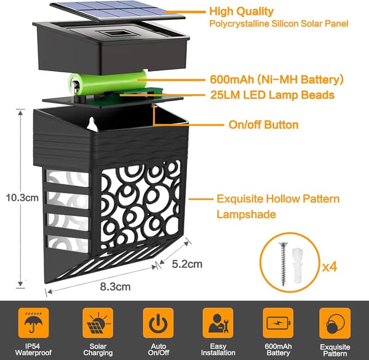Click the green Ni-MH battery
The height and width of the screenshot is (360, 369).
pyautogui.click(x=107, y=84)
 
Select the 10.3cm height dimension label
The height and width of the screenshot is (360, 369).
pyautogui.click(x=22, y=198)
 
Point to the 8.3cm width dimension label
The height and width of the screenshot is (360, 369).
pyautogui.click(x=115, y=287)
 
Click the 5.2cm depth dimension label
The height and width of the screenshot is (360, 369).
pyautogui.click(x=187, y=264)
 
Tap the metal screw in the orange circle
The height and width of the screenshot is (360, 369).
pyautogui.click(x=283, y=264)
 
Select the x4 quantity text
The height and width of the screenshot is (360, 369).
pyautogui.click(x=330, y=267)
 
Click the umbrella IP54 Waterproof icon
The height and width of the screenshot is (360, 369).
pyautogui.click(x=33, y=323)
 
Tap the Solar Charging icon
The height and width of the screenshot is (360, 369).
pyautogui.click(x=98, y=323)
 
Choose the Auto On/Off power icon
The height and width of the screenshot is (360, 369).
pyautogui.click(x=158, y=323)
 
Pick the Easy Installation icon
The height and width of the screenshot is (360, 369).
pyautogui.click(x=218, y=323)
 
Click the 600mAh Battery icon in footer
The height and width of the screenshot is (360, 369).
pyautogui.click(x=278, y=323)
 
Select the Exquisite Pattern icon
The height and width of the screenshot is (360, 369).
pyautogui.click(x=335, y=323)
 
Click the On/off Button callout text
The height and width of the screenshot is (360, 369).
pyautogui.click(x=264, y=125)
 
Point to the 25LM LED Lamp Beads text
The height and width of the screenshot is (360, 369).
pyautogui.click(x=272, y=95)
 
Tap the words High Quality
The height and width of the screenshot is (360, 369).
pyautogui.click(x=242, y=11)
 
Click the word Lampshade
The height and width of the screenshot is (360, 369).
pyautogui.click(x=246, y=214)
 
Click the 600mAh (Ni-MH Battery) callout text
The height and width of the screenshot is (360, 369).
pyautogui.click(x=277, y=79)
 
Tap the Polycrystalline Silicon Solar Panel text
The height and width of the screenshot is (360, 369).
pyautogui.click(x=279, y=24)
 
